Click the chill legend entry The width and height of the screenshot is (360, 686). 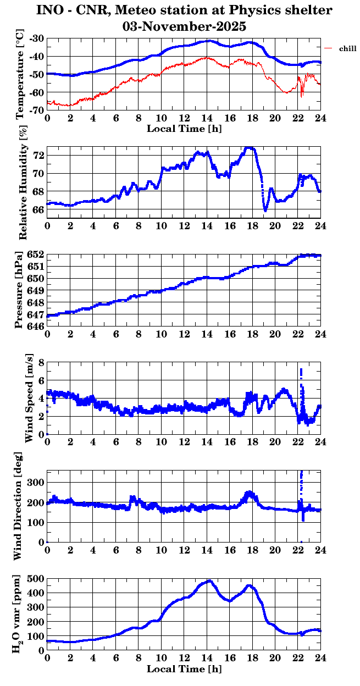[x=348, y=49]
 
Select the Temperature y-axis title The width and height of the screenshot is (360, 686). [x=20, y=74]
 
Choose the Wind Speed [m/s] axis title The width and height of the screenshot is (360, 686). [x=29, y=398]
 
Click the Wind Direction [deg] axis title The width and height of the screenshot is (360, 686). [x=18, y=506]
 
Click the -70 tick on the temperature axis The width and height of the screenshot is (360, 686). [x=37, y=110]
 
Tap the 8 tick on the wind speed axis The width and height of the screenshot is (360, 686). [x=41, y=363]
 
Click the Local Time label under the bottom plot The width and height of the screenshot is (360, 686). [x=184, y=669]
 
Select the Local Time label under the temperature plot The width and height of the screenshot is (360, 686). [x=184, y=129]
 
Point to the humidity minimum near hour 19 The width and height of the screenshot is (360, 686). [x=265, y=210]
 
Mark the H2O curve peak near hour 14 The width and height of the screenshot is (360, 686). [x=209, y=581]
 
